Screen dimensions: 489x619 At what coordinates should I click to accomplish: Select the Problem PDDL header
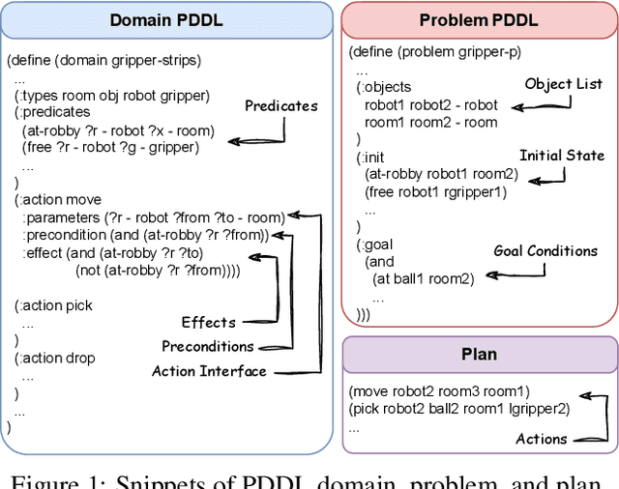[x=478, y=19]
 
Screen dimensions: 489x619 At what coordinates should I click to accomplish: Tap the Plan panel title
[x=478, y=355]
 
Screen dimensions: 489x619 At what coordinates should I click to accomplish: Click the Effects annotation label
[x=209, y=322]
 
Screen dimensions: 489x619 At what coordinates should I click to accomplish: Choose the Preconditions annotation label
[x=207, y=346]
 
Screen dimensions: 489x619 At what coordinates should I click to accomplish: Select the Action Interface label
[x=208, y=371]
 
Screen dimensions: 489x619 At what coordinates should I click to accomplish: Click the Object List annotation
[x=563, y=84]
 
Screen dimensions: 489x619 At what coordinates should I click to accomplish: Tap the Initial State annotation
[x=562, y=156]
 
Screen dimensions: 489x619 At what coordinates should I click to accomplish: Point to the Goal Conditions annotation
[x=545, y=251]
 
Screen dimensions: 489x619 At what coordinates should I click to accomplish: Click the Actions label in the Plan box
[x=541, y=439]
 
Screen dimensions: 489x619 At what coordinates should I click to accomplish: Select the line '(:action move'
[x=57, y=200]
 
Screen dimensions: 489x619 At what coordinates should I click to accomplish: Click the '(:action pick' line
[x=54, y=305]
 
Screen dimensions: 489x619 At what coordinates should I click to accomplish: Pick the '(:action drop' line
[x=54, y=359]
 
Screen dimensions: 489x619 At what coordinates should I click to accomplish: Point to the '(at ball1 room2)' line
[x=423, y=279]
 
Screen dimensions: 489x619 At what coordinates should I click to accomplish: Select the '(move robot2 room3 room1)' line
[x=440, y=391]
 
